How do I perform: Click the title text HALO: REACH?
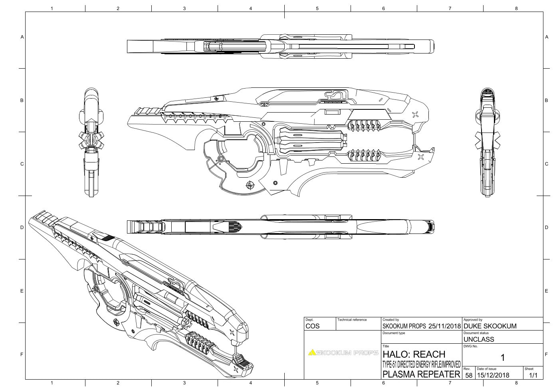(414, 354)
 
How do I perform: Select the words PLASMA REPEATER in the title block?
(421, 374)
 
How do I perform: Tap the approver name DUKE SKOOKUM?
(490, 326)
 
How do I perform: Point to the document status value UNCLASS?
(479, 339)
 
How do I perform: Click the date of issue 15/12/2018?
(493, 375)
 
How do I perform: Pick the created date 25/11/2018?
(444, 326)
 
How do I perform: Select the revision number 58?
(469, 375)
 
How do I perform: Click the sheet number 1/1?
(533, 375)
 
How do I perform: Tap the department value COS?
(313, 326)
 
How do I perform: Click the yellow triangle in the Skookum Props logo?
(312, 352)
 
